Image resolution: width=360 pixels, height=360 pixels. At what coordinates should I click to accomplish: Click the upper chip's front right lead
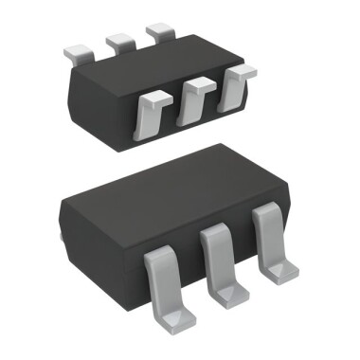click(x=229, y=91)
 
